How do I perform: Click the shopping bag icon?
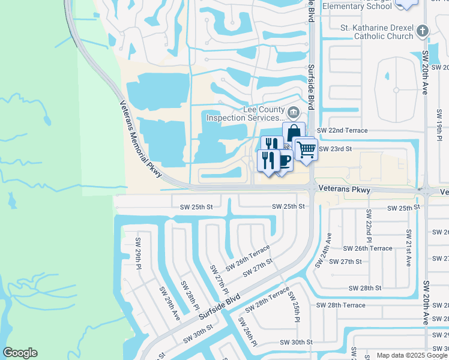(294, 133)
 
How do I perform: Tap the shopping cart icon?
(306, 148)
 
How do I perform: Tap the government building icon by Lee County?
(294, 112)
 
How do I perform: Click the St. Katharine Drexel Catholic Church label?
(376, 32)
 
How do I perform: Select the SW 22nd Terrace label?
(342, 130)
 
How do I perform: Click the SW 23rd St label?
(334, 149)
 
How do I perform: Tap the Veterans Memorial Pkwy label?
(139, 137)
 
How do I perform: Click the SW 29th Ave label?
(169, 303)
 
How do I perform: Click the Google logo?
(20, 353)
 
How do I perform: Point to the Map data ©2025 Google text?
(412, 355)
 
